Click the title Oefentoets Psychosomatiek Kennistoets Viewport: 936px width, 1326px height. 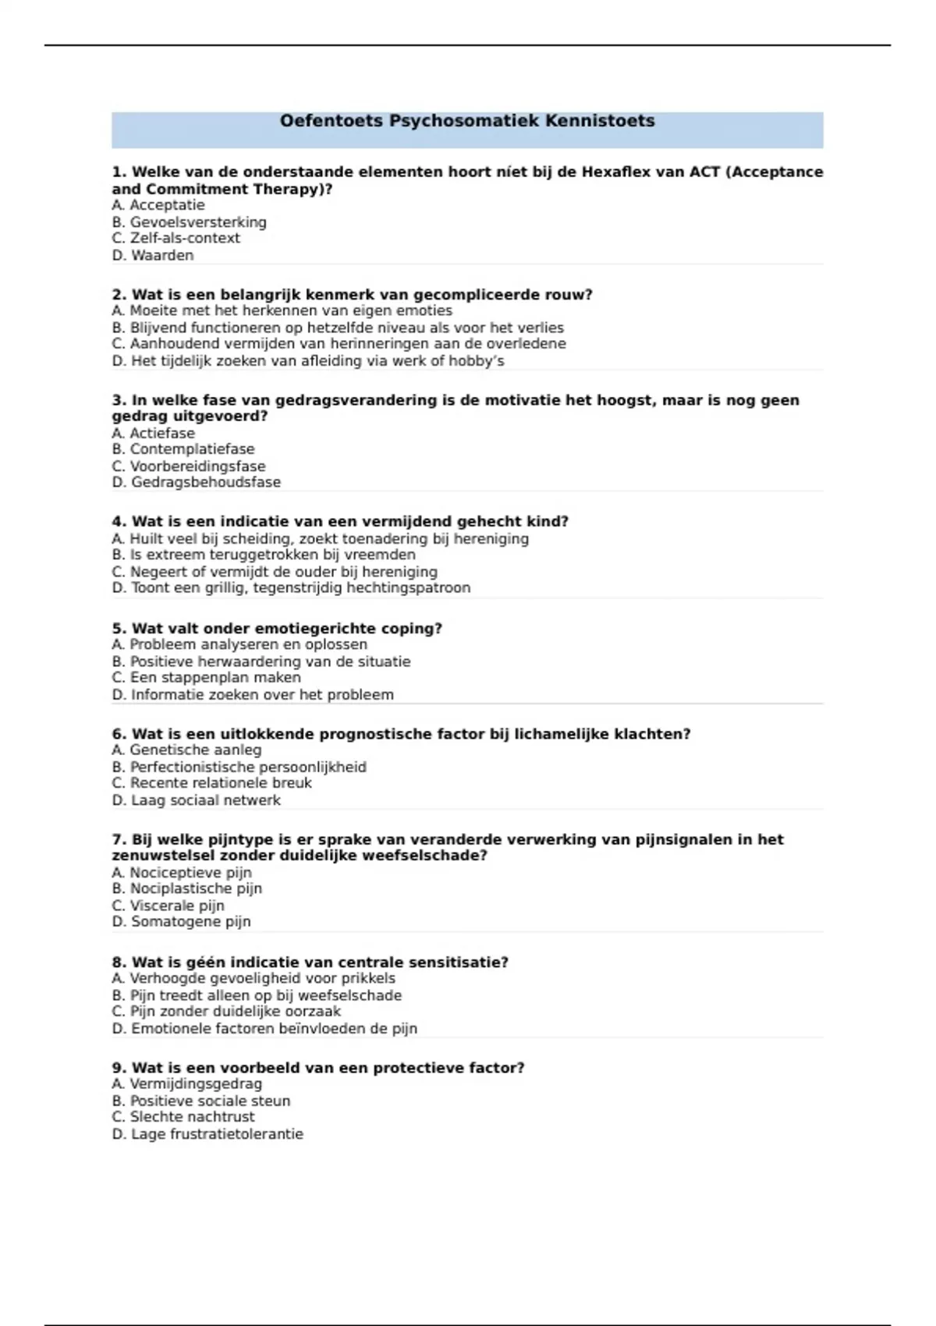coord(467,121)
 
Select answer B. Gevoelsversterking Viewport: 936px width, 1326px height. coord(189,222)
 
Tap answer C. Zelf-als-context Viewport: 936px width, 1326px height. coord(175,239)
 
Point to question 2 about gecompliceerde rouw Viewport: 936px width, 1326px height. coord(352,295)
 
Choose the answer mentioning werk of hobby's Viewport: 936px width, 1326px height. coord(308,361)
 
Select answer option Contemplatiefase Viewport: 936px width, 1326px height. coord(183,449)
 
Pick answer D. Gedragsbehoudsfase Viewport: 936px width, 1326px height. coord(196,482)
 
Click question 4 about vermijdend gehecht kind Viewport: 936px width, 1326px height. coord(340,522)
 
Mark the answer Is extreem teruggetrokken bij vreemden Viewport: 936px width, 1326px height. coord(264,555)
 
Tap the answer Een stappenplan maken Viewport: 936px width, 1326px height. coord(206,678)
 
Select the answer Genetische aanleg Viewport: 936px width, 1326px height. coord(186,750)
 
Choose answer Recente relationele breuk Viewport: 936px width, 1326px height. coord(211,783)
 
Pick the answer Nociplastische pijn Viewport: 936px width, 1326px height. coord(186,888)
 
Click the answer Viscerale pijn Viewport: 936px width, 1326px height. coord(168,906)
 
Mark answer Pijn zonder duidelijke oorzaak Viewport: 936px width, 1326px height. coord(226,1012)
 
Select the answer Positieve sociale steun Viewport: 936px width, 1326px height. coord(200,1101)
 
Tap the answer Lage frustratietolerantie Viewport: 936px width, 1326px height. coord(207,1134)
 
